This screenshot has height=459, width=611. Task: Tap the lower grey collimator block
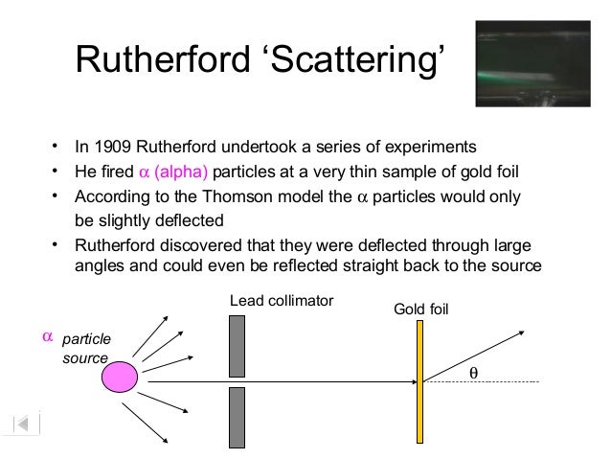[x=238, y=416]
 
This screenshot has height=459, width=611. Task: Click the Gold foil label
[x=421, y=310]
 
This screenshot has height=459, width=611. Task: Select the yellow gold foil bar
[x=419, y=380]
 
